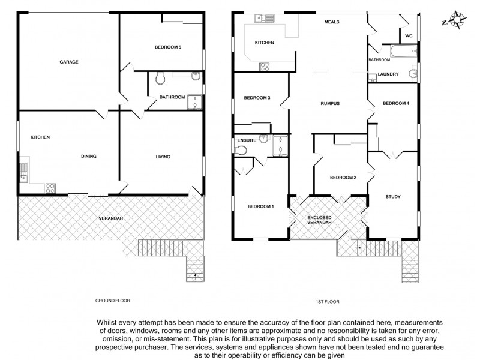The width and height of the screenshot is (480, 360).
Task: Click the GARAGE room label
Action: (68, 62)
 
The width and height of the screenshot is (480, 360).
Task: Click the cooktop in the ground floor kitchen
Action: (50, 188)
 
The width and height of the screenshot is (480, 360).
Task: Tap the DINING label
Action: (89, 157)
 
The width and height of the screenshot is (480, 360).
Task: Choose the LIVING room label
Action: (163, 157)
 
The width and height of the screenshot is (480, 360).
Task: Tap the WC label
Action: (409, 36)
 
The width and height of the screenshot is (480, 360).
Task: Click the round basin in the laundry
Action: (412, 74)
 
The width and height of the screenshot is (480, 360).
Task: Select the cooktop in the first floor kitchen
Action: (265, 67)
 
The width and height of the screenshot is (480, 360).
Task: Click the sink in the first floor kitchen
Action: (264, 18)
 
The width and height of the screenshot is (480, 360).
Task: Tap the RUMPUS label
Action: (331, 103)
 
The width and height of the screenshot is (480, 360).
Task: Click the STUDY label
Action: (393, 196)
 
